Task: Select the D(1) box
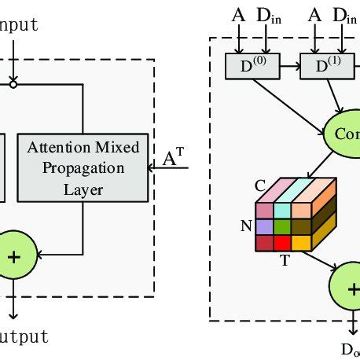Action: coord(325,66)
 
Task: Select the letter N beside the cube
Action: coord(244,226)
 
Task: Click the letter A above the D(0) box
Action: coord(238,14)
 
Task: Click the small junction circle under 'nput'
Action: coord(13,81)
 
